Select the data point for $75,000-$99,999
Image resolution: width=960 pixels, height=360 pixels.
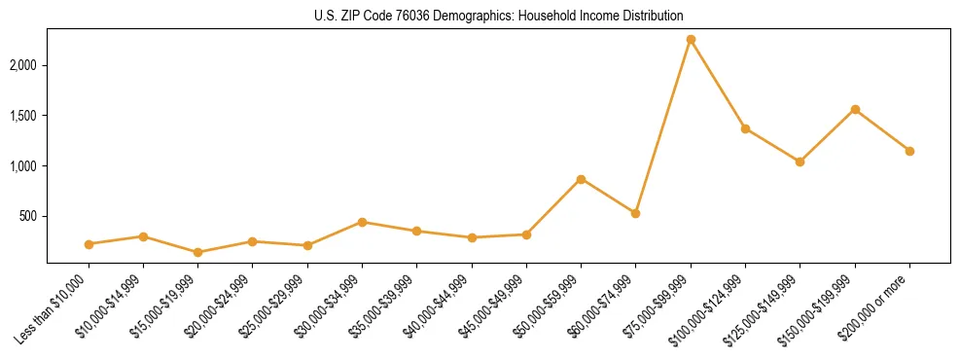pyautogui.click(x=691, y=39)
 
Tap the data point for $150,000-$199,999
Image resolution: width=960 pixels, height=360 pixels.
pyautogui.click(x=855, y=109)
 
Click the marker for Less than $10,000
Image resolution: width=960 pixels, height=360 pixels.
pyautogui.click(x=89, y=244)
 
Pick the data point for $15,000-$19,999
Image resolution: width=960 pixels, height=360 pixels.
pyautogui.click(x=198, y=252)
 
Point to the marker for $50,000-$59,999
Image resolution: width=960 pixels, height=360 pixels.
pyautogui.click(x=581, y=179)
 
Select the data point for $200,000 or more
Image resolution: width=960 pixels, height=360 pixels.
pyautogui.click(x=909, y=151)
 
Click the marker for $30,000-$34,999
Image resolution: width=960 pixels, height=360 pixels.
pyautogui.click(x=362, y=222)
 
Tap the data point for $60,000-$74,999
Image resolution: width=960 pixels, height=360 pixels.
pyautogui.click(x=635, y=213)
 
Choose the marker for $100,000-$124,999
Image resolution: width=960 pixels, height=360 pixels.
pyautogui.click(x=745, y=128)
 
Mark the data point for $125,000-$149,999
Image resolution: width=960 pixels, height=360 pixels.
pyautogui.click(x=800, y=162)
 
